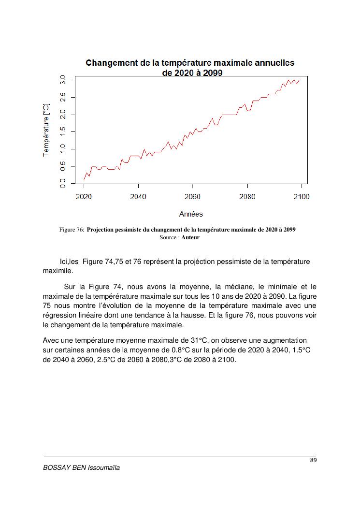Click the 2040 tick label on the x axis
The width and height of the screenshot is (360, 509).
138,197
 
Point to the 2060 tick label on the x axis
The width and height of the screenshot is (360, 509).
192,197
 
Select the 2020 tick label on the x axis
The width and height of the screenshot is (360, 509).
84,197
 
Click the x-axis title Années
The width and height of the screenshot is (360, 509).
191,214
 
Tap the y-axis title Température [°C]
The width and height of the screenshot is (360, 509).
46,129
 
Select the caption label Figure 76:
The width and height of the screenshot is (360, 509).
72,230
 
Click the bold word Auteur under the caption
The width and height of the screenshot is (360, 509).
190,237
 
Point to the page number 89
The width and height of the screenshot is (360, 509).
313,460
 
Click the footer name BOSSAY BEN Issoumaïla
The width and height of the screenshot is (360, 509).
81,468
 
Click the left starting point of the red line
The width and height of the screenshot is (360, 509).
84,180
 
